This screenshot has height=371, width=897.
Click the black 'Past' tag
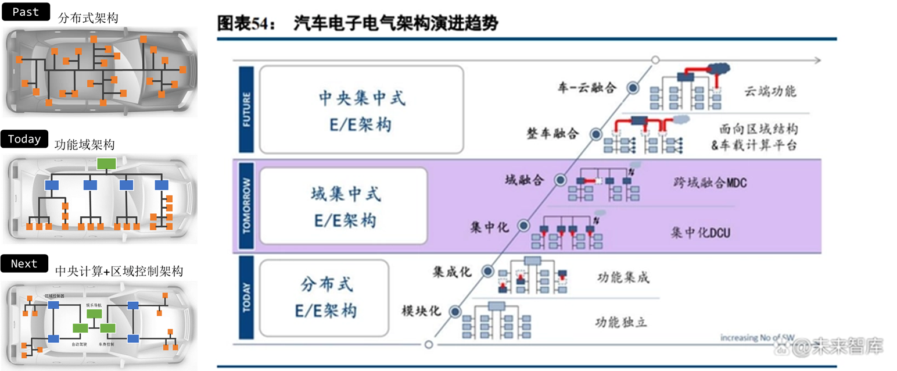tap(26, 12)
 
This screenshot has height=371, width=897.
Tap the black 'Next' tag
tap(25, 263)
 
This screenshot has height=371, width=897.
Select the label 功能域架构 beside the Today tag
tap(84, 144)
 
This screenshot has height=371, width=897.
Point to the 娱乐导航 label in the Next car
tap(94, 304)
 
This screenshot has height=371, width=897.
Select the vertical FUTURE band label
tap(246, 109)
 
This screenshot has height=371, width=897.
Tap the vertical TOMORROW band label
tap(246, 206)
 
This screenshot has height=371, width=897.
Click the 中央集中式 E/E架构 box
tap(361, 109)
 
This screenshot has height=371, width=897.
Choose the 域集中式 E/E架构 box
tap(343, 206)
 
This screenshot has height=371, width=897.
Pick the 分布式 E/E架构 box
tap(324, 297)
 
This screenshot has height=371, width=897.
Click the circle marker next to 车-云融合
tap(632, 88)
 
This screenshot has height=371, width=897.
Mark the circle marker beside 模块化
tap(452, 310)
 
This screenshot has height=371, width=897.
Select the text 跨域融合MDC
tap(706, 183)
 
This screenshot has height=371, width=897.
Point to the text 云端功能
tap(769, 91)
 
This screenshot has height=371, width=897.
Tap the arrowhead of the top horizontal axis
tap(817, 60)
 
